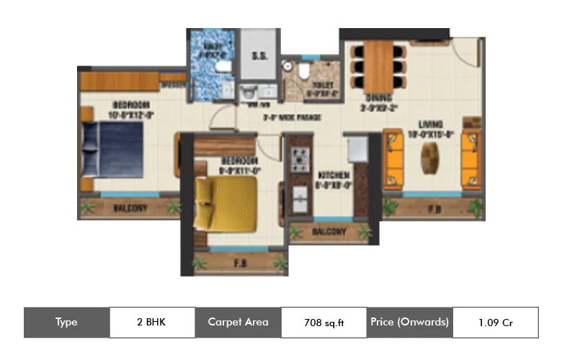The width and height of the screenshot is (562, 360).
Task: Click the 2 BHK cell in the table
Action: (151, 322)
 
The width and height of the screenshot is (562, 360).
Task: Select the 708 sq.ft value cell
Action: (324, 323)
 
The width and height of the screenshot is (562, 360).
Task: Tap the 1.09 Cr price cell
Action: (495, 322)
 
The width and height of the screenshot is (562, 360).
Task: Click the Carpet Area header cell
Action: (238, 322)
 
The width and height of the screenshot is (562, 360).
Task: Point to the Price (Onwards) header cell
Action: (409, 322)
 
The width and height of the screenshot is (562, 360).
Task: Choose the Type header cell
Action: (66, 322)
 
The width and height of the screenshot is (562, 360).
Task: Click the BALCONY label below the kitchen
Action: (331, 233)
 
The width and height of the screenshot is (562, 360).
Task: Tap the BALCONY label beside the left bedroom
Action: (130, 209)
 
